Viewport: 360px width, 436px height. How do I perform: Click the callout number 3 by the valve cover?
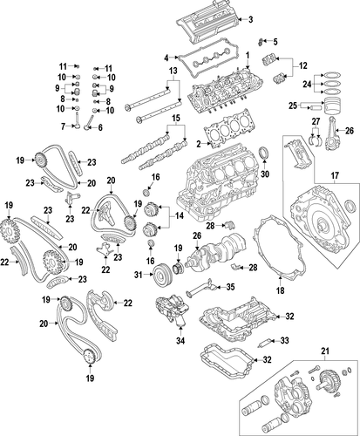(250, 19)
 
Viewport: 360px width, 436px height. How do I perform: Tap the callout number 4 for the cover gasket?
(166, 58)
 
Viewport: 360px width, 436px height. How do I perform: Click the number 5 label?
(275, 42)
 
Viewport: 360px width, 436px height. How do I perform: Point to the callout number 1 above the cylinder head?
(248, 55)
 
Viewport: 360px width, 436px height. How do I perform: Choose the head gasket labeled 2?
(229, 129)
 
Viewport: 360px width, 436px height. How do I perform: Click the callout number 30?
(265, 174)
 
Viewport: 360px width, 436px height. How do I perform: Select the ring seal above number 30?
(264, 154)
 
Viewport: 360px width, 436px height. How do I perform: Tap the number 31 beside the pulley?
(139, 274)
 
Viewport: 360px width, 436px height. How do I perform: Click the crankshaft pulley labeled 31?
(162, 274)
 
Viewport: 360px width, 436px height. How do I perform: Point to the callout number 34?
(180, 340)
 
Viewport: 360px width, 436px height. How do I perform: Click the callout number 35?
(230, 287)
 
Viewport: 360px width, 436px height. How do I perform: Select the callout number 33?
(284, 340)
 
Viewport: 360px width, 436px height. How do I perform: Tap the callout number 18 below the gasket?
(281, 290)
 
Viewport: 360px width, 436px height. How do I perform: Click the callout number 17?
(335, 175)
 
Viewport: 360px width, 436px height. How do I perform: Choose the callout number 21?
(325, 351)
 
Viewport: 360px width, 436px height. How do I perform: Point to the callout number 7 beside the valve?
(63, 126)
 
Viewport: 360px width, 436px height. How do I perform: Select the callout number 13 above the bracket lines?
(173, 71)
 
